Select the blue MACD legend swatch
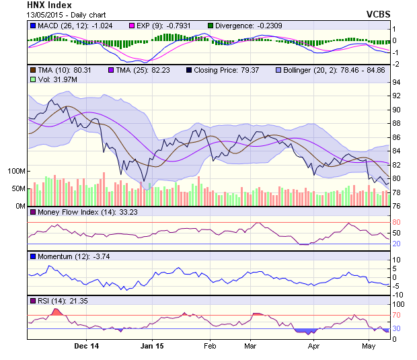[33, 26]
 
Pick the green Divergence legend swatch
[210, 26]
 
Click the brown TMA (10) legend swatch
[33, 70]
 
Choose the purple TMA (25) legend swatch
[112, 70]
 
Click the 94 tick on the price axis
[397, 82]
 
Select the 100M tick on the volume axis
[16, 171]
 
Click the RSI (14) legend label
[56, 300]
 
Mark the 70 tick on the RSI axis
[397, 315]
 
